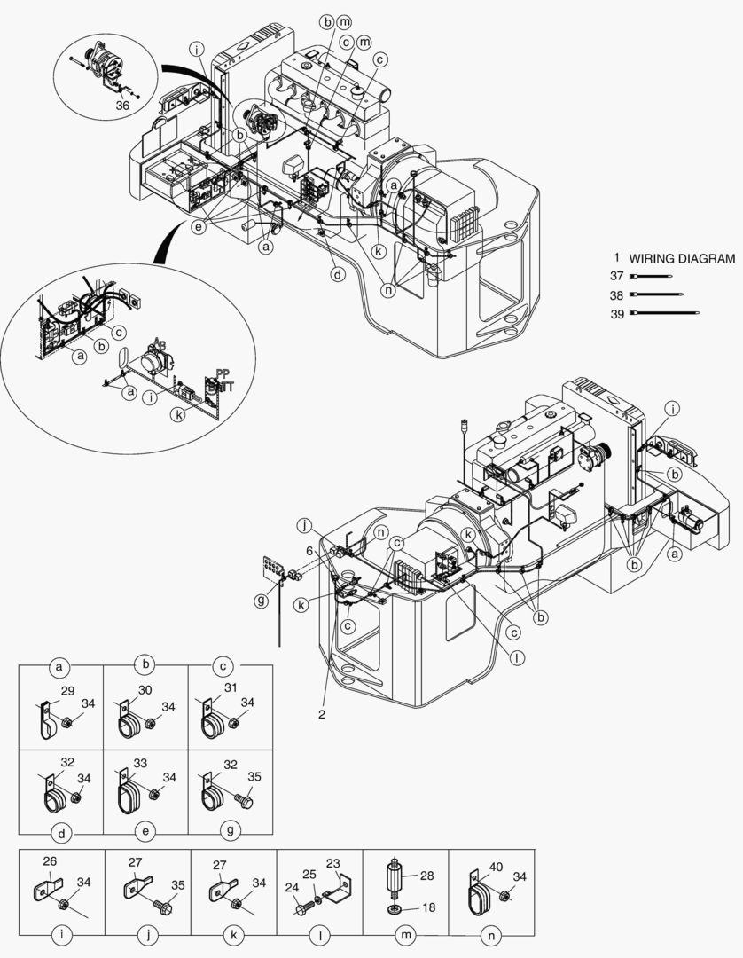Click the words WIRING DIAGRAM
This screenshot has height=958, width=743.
pos(682,259)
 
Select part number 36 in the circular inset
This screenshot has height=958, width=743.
pos(123,104)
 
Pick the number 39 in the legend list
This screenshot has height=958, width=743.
pos(615,312)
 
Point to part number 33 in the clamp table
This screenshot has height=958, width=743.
pos(140,763)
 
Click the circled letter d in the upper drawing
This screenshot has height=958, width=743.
pos(338,274)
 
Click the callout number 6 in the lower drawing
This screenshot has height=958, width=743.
pos(309,551)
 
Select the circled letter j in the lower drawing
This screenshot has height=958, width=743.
pos(304,525)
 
